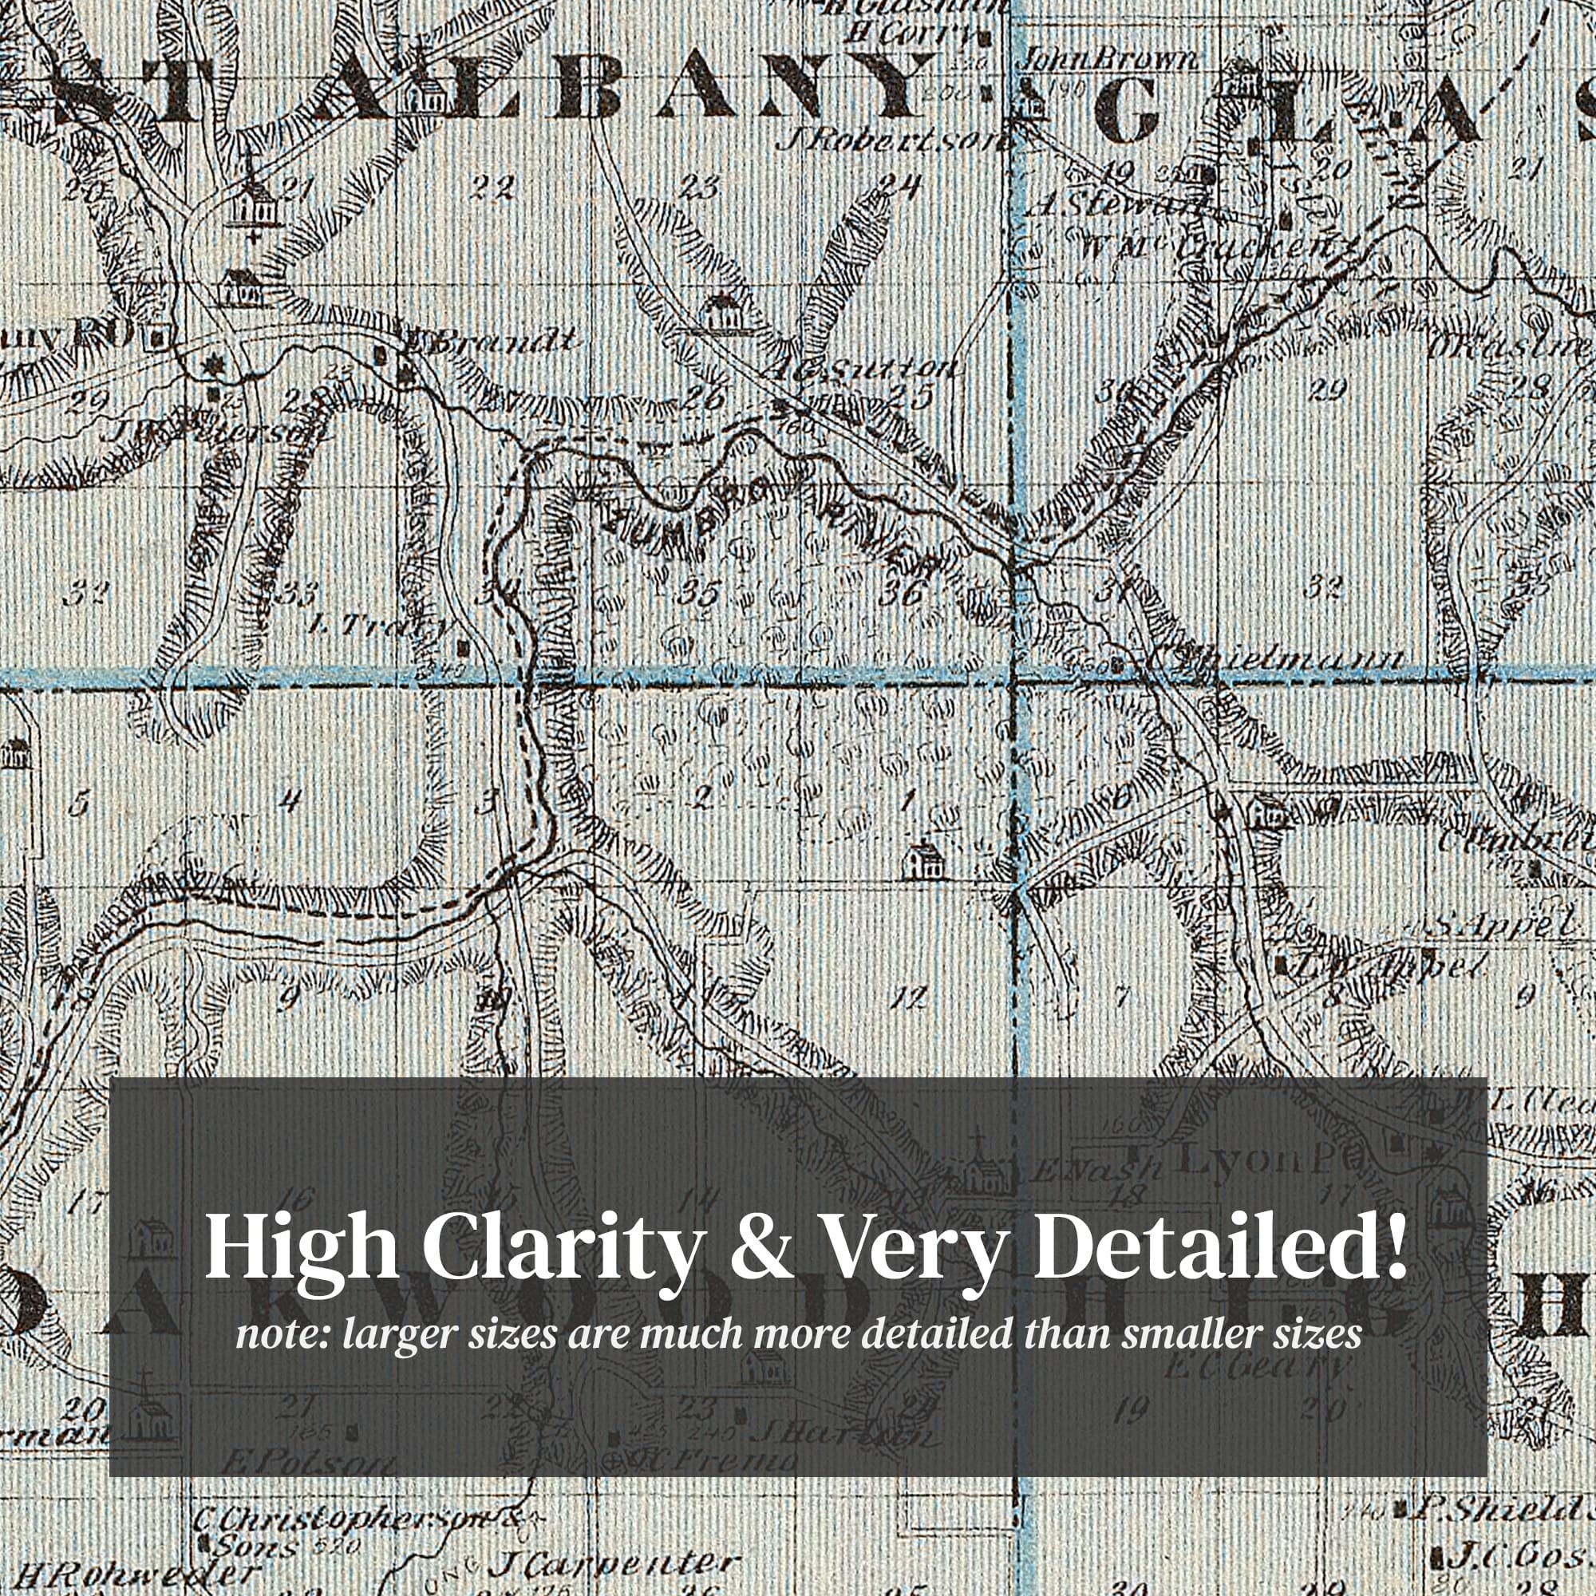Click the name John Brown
(1109, 60)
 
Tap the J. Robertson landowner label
(892, 139)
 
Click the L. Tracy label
(380, 626)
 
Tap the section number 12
(911, 998)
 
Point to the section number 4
(288, 799)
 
